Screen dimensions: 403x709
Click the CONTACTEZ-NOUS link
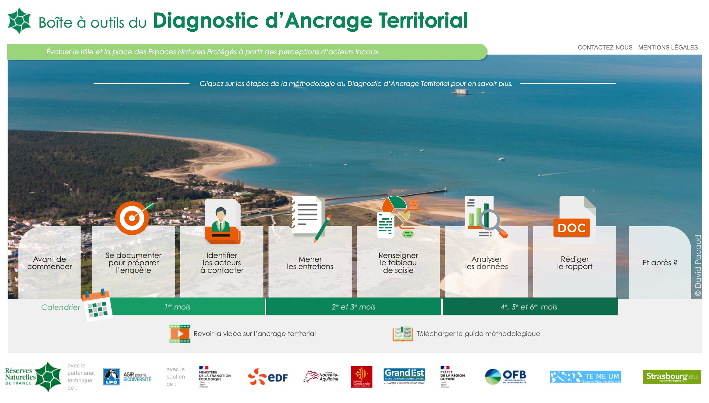coord(605,48)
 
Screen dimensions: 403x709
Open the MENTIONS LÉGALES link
coord(668,48)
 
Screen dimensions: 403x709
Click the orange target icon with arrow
coord(133,218)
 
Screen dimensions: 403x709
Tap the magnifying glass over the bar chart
coord(490,220)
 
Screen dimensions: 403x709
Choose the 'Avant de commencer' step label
coord(50,263)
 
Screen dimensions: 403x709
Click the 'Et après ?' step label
coord(659,263)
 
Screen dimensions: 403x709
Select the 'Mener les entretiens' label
coord(310,263)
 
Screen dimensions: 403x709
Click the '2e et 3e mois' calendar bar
coord(353,307)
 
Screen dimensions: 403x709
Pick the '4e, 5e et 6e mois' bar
coord(529,307)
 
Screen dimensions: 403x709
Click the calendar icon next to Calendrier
coord(97,305)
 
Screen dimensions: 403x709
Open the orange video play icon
coord(180,334)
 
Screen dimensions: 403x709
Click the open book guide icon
coord(402,334)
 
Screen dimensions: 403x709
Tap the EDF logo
coord(268,377)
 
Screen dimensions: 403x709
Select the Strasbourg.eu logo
coord(672,377)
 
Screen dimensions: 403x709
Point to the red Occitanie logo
coord(361,377)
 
